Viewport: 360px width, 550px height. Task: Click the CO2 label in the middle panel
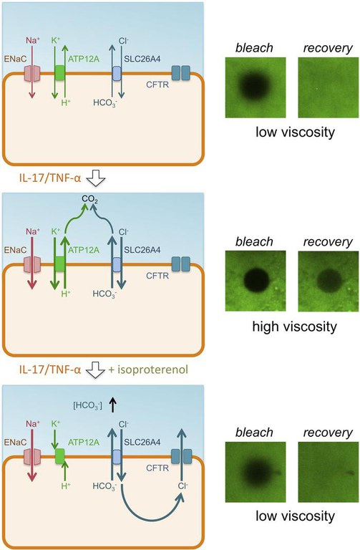click(89, 199)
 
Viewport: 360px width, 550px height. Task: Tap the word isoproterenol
click(152, 370)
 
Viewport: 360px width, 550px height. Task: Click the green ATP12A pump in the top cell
click(60, 73)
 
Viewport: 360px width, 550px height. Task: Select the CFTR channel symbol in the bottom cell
click(181, 456)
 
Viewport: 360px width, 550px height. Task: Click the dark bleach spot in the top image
click(256, 85)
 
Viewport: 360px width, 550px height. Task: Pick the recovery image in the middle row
click(328, 281)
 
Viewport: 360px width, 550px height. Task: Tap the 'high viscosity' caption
click(294, 327)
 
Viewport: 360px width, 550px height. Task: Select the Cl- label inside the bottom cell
click(183, 486)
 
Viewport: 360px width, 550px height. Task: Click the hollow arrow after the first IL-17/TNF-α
click(96, 178)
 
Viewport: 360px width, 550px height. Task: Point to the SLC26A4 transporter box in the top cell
click(117, 74)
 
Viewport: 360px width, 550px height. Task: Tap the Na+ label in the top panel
click(33, 41)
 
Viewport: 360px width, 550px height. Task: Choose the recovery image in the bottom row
click(328, 472)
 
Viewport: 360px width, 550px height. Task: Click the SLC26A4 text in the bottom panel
click(142, 442)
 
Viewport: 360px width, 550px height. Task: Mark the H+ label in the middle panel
click(66, 293)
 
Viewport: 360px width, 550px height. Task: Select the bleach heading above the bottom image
click(254, 433)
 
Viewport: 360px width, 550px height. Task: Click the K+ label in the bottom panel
click(56, 424)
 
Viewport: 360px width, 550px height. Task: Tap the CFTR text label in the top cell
click(157, 85)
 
